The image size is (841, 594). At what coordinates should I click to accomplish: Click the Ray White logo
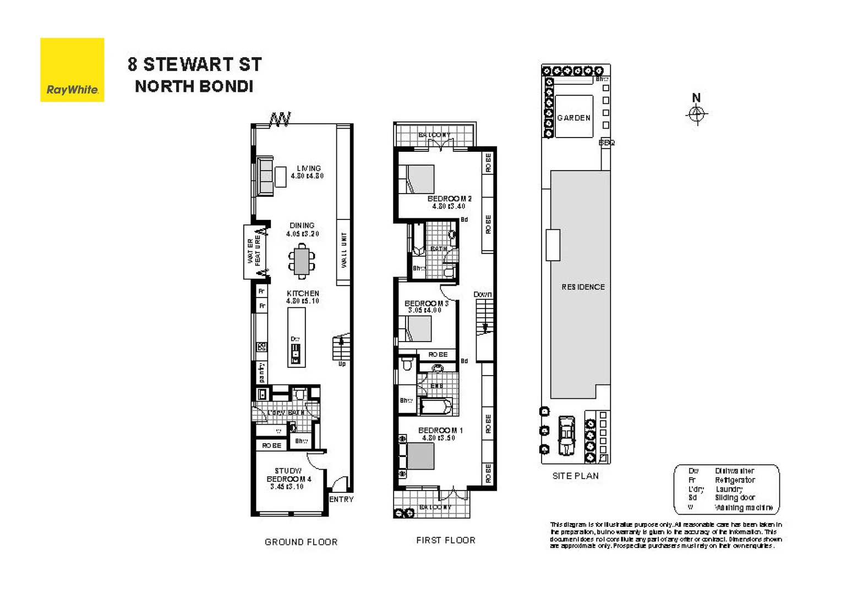click(x=72, y=70)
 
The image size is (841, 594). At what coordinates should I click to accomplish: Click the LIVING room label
click(x=308, y=168)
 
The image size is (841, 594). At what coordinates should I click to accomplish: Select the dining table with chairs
click(x=302, y=261)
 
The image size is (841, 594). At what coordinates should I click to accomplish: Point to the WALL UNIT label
click(x=344, y=250)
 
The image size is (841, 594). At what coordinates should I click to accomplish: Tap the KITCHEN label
click(x=303, y=294)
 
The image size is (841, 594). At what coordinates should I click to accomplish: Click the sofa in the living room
click(x=265, y=176)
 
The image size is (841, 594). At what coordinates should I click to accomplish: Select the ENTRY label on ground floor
click(x=341, y=499)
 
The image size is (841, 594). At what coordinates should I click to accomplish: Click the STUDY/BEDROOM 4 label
click(x=288, y=475)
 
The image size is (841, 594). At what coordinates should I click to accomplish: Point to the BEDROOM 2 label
click(x=449, y=199)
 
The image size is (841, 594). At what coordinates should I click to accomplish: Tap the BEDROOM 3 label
click(x=426, y=303)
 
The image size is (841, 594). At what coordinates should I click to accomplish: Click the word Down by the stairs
click(x=483, y=295)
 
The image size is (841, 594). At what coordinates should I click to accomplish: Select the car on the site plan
click(x=566, y=435)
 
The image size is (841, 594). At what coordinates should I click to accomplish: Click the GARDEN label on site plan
click(x=574, y=118)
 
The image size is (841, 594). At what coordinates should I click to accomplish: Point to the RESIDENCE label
click(x=583, y=287)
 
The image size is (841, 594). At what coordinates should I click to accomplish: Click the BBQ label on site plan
click(x=607, y=142)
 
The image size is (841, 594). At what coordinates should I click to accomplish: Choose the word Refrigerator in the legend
click(x=735, y=480)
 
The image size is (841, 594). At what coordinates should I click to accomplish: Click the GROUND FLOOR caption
click(x=301, y=542)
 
